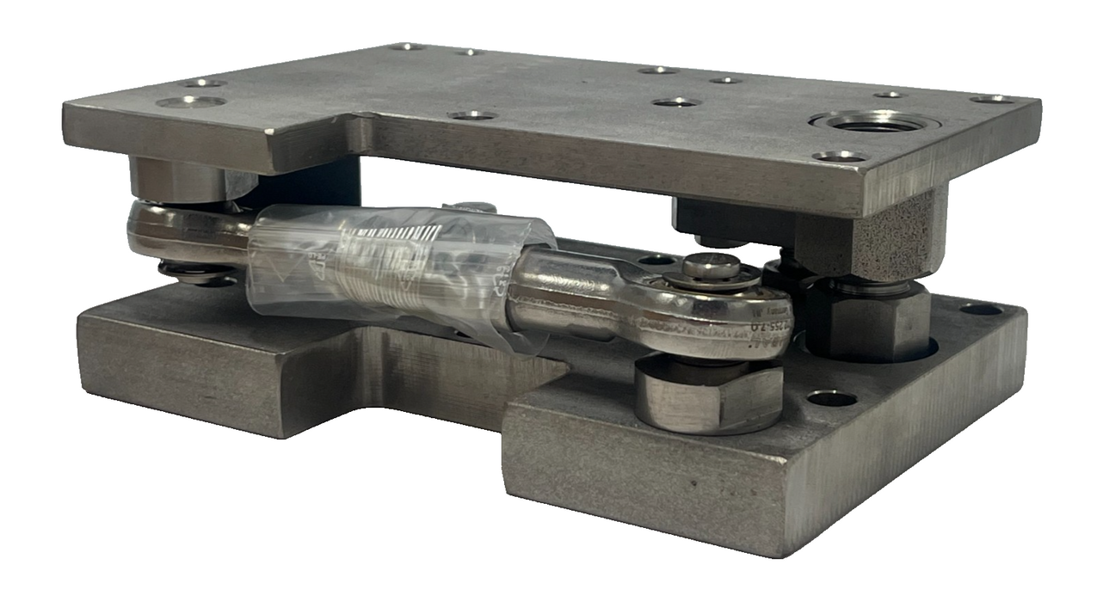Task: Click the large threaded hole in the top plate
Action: (874, 123)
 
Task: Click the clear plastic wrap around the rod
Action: (400, 262)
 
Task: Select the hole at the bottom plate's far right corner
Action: (982, 309)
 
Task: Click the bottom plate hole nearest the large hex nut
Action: (831, 398)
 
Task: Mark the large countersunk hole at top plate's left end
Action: (191, 101)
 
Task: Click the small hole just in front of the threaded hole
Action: (840, 157)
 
